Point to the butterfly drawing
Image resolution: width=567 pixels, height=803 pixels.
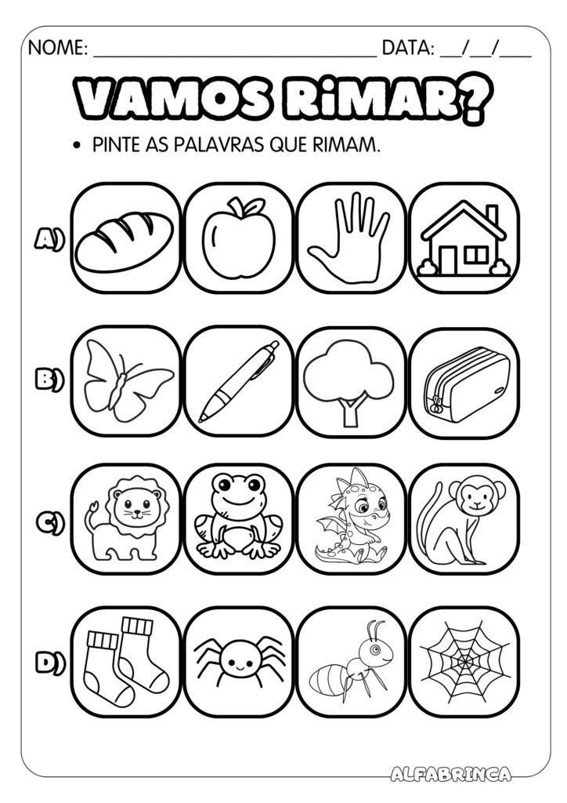click(x=127, y=381)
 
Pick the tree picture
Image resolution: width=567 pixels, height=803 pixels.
click(x=349, y=381)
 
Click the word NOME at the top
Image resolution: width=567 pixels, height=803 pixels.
click(x=58, y=49)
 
